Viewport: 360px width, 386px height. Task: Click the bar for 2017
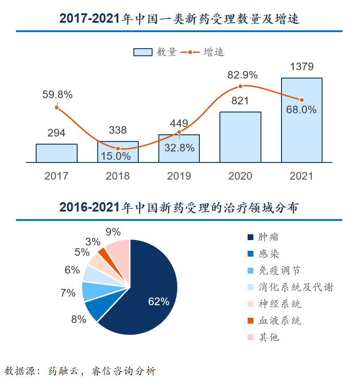pos(57,153)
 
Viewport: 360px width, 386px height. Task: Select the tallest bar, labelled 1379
pos(302,120)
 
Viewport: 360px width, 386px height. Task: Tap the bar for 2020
pos(240,137)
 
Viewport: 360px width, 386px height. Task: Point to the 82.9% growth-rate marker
pos(240,86)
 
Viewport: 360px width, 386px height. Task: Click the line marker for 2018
pos(118,149)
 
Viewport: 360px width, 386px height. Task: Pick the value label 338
pos(118,130)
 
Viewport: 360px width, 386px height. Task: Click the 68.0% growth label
pos(301,110)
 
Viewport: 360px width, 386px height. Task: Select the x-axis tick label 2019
pos(179,176)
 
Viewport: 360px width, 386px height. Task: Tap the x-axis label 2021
pos(301,176)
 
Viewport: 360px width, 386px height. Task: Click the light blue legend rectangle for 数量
pos(143,52)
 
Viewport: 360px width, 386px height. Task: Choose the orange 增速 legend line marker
pos(190,52)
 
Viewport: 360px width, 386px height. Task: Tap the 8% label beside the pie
pos(79,320)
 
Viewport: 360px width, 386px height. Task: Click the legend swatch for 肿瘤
pos(251,237)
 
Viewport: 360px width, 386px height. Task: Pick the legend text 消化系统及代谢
pos(296,287)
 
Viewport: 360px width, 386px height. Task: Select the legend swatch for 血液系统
pos(251,320)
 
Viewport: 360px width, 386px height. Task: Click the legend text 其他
pos(269,337)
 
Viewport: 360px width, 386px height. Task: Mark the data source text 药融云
pos(63,371)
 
